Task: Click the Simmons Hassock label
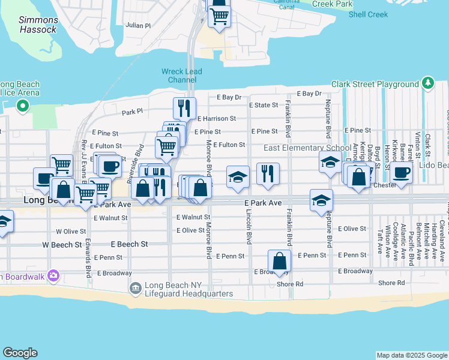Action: click(x=38, y=25)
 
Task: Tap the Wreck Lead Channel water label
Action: click(x=182, y=76)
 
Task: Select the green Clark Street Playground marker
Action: click(x=427, y=83)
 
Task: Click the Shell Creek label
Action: click(x=369, y=14)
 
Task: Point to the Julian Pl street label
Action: click(x=138, y=26)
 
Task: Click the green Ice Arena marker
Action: click(x=23, y=107)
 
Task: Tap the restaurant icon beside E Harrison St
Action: click(x=184, y=108)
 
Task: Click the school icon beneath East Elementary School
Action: click(x=330, y=162)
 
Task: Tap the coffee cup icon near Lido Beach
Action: click(x=401, y=172)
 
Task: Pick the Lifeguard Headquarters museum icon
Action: click(x=135, y=289)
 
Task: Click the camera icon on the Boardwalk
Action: click(x=54, y=275)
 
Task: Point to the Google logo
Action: click(x=20, y=353)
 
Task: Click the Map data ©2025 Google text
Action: click(x=411, y=355)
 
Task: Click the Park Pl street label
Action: click(x=132, y=112)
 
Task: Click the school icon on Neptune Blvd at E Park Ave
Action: click(x=322, y=200)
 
